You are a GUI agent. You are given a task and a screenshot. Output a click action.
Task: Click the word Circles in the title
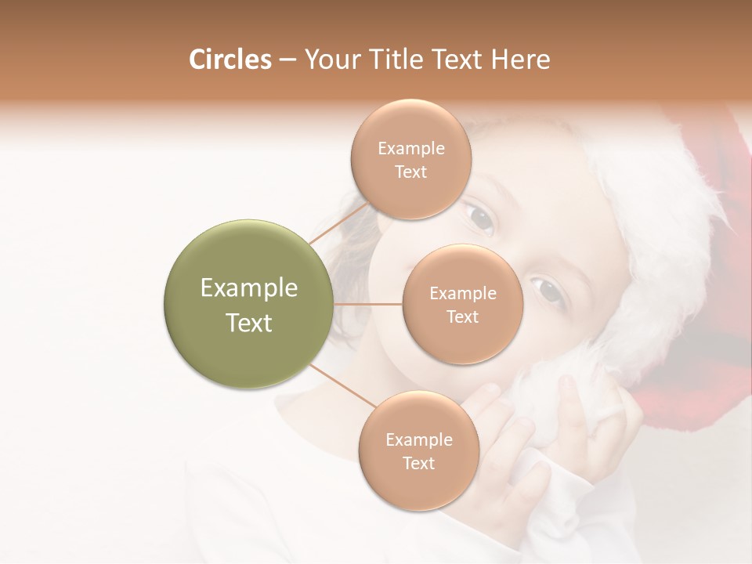(x=230, y=60)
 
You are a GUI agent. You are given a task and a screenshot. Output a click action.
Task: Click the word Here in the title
(x=520, y=60)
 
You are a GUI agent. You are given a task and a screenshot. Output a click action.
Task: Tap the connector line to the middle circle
(x=368, y=303)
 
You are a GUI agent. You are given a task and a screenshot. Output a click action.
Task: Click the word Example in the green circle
(x=249, y=288)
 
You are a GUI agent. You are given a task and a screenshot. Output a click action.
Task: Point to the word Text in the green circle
(x=249, y=323)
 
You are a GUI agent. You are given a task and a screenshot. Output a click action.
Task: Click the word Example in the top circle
(x=411, y=149)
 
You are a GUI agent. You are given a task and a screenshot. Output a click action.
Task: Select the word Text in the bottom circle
(x=419, y=463)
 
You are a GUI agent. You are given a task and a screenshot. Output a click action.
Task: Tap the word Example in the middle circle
(x=463, y=294)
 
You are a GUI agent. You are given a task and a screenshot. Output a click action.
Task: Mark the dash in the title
(x=287, y=60)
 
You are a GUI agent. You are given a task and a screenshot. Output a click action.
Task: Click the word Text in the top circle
(x=411, y=172)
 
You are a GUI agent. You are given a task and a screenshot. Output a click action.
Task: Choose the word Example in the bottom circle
(x=419, y=439)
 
